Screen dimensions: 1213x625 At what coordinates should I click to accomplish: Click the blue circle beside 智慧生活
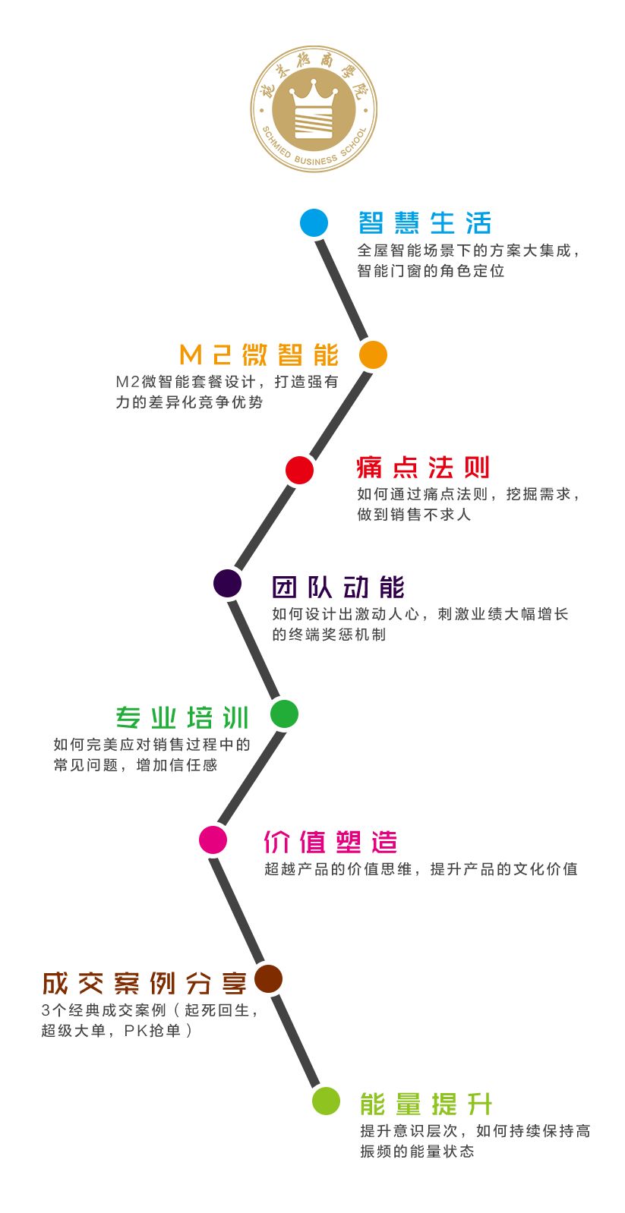tap(314, 223)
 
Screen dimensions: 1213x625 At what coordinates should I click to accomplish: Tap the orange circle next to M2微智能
tap(373, 354)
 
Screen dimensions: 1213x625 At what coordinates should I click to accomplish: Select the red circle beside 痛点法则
tap(299, 470)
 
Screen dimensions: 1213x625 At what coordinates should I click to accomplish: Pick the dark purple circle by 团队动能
tap(228, 583)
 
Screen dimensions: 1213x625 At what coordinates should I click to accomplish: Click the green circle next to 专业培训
tap(284, 714)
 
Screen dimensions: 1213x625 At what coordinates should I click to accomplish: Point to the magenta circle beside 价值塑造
tap(213, 840)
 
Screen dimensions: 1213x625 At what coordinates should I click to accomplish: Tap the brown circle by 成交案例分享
tap(268, 978)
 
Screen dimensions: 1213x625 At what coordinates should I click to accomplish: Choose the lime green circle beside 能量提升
tap(326, 1101)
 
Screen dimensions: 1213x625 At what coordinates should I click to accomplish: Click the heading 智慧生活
tap(425, 223)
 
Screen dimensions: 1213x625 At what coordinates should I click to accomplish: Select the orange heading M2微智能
tap(259, 354)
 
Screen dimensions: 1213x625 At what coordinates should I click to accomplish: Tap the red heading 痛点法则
tap(423, 467)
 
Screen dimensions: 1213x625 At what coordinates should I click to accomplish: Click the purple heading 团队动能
tap(338, 587)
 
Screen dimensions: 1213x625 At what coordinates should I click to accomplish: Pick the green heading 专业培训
tap(182, 717)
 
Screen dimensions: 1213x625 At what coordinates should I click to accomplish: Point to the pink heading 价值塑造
tap(330, 842)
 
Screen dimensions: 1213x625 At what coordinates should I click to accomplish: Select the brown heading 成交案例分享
tap(144, 983)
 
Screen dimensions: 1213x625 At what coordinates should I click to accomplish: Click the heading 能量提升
tap(426, 1104)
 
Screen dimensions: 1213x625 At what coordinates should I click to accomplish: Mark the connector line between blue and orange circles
tap(343, 289)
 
